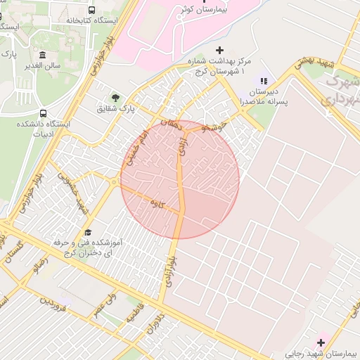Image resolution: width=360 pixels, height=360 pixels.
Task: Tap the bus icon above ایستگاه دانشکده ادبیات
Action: pyautogui.click(x=44, y=112)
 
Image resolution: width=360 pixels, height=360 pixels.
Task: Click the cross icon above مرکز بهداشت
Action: pyautogui.click(x=219, y=51)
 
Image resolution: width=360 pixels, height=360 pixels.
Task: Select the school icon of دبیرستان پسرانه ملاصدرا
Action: pyautogui.click(x=264, y=82)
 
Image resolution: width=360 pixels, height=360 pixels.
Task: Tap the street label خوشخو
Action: pyautogui.click(x=213, y=127)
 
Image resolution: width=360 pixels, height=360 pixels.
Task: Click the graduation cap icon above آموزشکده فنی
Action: pyautogui.click(x=88, y=232)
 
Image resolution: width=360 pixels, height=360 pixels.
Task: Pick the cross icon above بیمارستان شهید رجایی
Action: pyautogui.click(x=321, y=342)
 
